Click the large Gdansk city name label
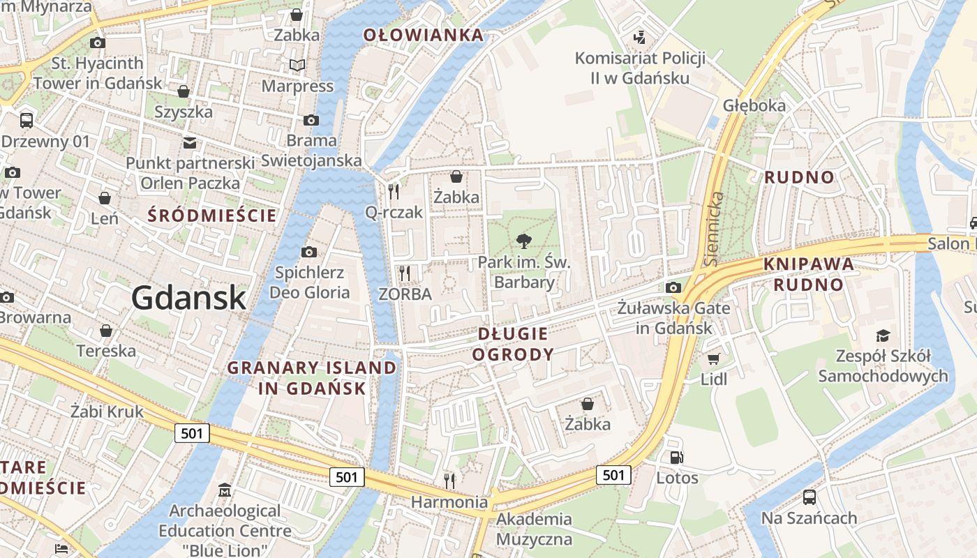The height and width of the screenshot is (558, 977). (x=188, y=298)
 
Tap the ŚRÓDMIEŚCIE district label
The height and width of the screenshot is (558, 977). (x=212, y=216)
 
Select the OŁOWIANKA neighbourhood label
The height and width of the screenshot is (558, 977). (x=423, y=35)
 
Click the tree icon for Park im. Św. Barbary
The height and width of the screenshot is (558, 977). (x=523, y=242)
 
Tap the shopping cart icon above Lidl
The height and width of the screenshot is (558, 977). (x=713, y=359)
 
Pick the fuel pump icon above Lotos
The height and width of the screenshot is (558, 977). (x=676, y=458)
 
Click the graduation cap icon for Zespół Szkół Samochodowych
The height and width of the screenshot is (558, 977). (x=883, y=336)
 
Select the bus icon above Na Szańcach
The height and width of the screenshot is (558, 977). (x=810, y=497)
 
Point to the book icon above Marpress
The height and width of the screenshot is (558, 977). (x=297, y=66)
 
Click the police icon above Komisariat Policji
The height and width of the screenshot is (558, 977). (x=639, y=36)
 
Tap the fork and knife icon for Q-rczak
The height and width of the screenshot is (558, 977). (x=394, y=191)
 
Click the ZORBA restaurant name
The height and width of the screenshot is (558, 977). (x=405, y=294)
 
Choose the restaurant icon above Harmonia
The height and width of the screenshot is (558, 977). (x=449, y=481)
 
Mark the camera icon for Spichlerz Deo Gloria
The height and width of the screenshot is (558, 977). (x=308, y=252)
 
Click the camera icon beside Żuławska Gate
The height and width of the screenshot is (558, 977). (x=673, y=287)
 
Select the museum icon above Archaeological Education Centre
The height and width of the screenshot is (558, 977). (x=224, y=491)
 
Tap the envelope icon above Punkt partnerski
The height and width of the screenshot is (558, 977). (x=189, y=143)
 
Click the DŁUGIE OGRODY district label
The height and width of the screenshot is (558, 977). (x=513, y=344)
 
